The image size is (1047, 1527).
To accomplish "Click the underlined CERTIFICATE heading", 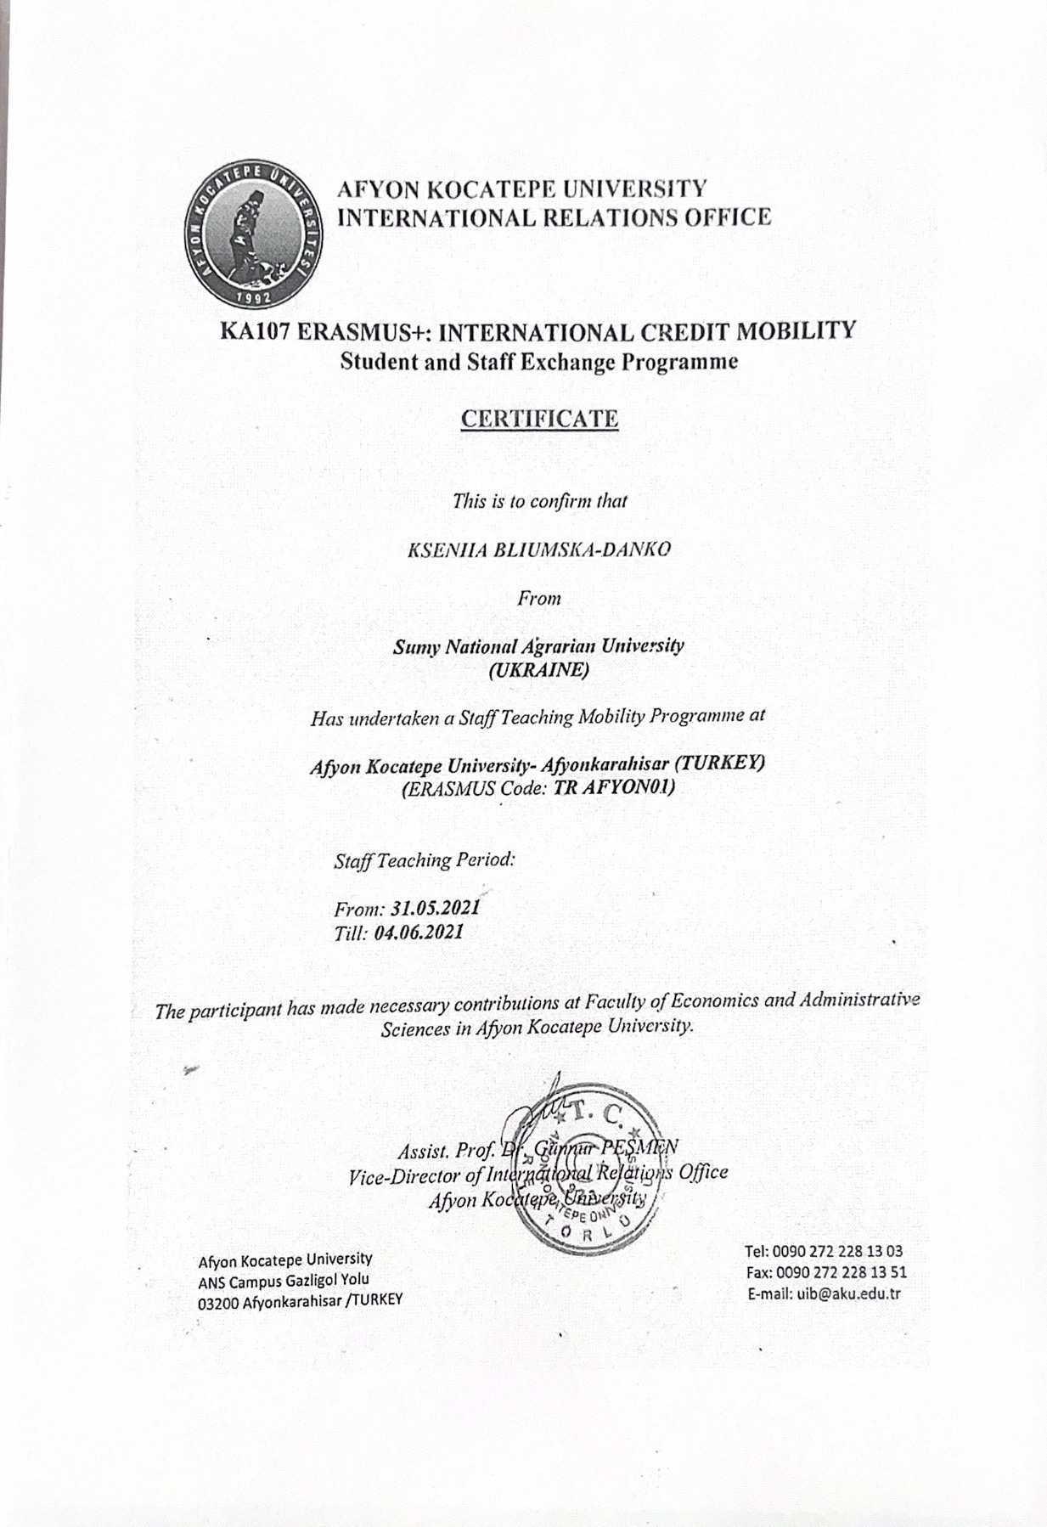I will click(x=538, y=419).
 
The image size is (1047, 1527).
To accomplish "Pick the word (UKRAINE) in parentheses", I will click(x=538, y=670).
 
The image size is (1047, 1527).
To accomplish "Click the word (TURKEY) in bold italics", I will click(x=725, y=762).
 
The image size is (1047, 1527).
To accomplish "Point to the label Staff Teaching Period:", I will click(x=425, y=859).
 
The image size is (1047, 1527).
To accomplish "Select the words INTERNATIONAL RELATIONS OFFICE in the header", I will click(x=555, y=217).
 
